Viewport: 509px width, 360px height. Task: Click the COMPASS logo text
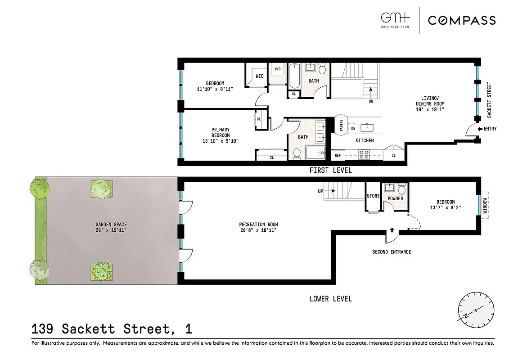461,20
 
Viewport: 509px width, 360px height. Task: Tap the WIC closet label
260,76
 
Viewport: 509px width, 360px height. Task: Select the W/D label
277,69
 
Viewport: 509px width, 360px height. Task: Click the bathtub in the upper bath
295,76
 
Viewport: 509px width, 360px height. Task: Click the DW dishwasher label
353,128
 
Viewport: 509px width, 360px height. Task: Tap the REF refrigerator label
338,156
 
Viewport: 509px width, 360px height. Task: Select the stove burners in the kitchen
364,155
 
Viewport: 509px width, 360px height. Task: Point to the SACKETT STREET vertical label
490,100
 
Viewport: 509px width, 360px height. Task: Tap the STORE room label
373,196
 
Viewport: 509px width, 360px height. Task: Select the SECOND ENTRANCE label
392,252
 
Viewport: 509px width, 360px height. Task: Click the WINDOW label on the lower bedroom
485,206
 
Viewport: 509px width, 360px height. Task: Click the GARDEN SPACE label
111,225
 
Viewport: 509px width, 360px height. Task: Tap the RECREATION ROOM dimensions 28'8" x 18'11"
258,230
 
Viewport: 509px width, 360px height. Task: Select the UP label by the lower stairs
320,191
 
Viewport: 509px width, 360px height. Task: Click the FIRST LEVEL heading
330,171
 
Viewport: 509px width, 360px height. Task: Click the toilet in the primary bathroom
297,154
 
